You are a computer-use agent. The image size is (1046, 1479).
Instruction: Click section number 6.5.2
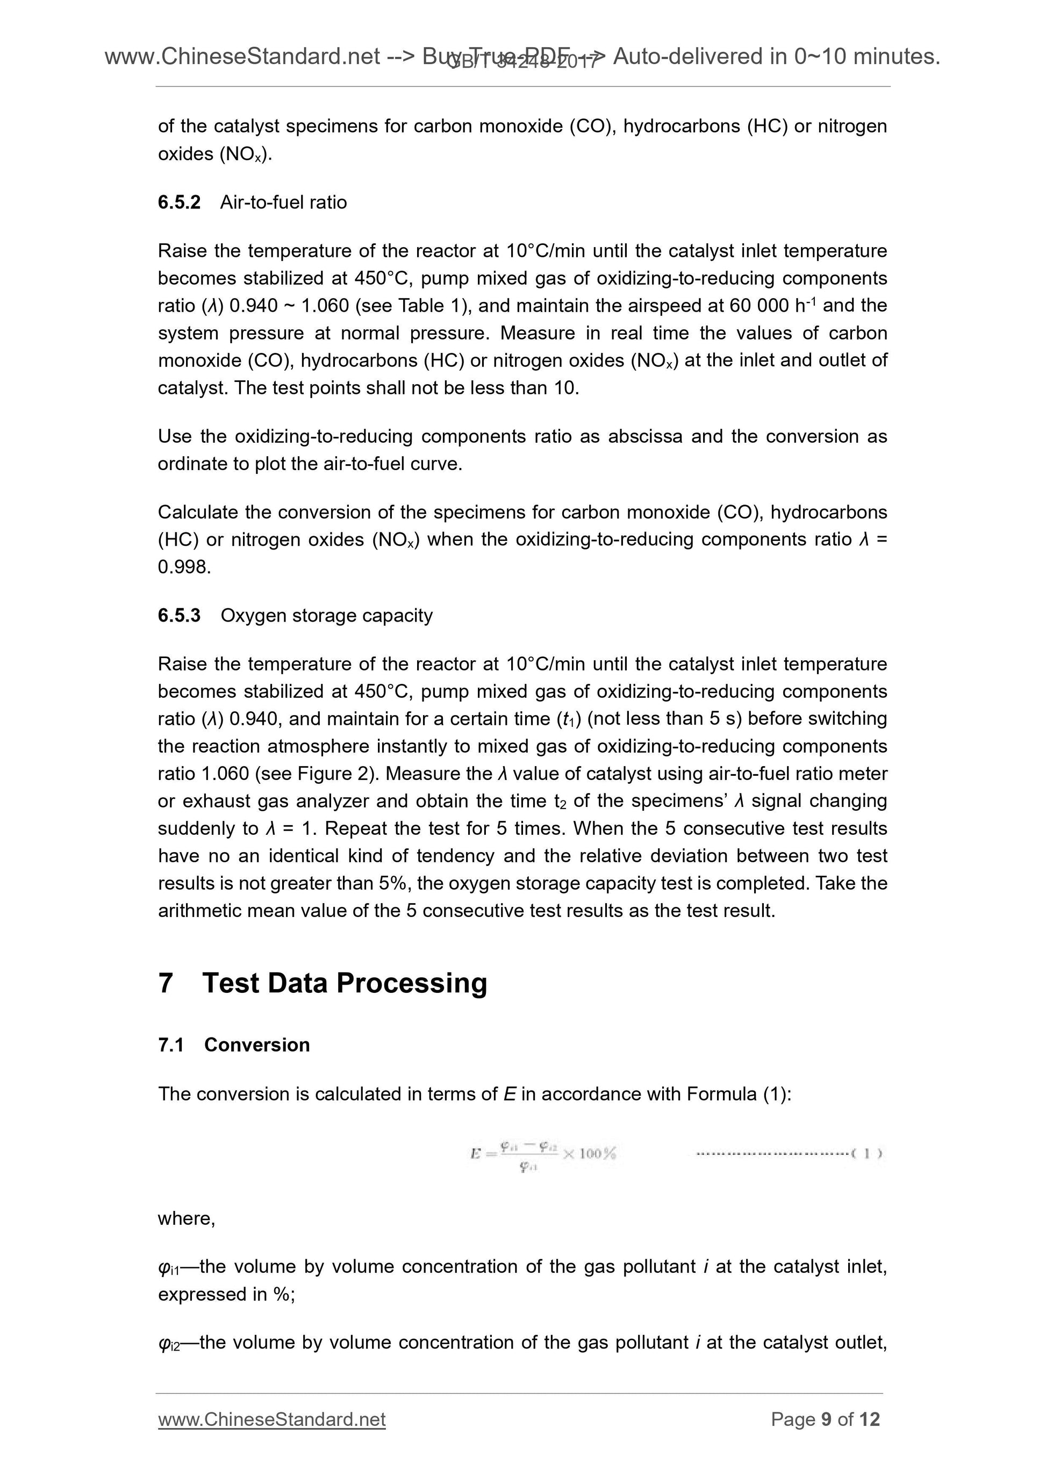click(179, 202)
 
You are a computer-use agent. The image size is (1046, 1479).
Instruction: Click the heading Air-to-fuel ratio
click(284, 202)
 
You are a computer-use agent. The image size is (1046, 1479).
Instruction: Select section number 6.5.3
click(179, 615)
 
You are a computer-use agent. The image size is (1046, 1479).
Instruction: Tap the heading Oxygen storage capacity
click(326, 615)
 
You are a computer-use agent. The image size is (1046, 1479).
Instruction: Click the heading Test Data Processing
click(344, 984)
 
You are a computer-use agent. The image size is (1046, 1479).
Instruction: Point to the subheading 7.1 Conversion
click(234, 1045)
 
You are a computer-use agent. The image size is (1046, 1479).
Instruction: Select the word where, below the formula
click(187, 1219)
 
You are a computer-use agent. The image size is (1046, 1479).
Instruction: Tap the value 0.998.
click(184, 567)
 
